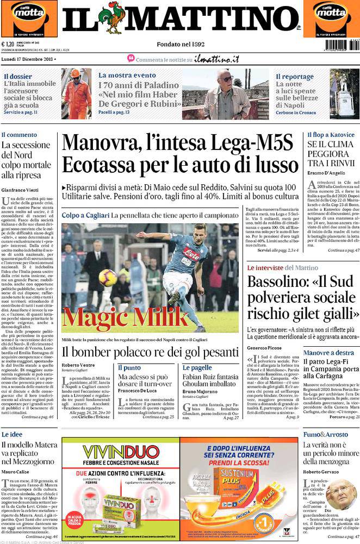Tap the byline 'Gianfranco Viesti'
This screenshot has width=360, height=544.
tap(22, 190)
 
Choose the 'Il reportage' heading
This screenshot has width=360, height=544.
tap(294, 77)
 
